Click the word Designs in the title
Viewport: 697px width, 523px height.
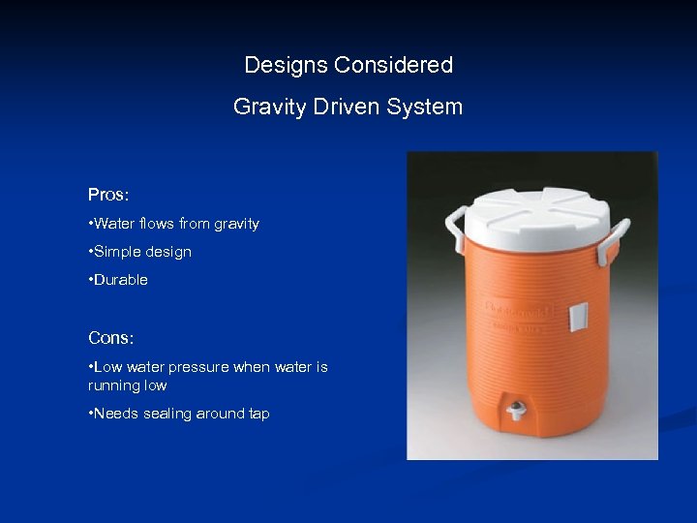coord(286,66)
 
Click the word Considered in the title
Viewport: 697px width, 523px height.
coord(393,66)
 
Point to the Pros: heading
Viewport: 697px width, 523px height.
coord(108,195)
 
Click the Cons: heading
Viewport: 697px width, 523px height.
coord(110,338)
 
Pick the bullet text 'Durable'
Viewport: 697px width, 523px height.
coord(120,280)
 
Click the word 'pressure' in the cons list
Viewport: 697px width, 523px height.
coord(197,367)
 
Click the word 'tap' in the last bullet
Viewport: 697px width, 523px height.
coord(258,414)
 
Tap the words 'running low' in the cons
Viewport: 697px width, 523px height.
coord(127,385)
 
